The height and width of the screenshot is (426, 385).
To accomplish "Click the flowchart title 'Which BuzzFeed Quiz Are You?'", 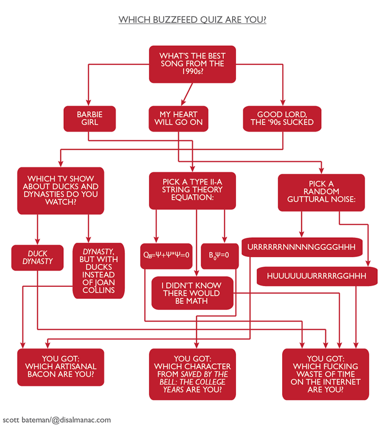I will click(193, 20).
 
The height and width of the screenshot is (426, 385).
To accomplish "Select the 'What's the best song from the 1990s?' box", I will click(193, 64).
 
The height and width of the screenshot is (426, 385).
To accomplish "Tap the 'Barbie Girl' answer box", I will click(90, 118).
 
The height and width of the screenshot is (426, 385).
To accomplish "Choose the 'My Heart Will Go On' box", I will click(178, 118).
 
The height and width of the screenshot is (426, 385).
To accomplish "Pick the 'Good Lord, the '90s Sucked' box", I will click(282, 118).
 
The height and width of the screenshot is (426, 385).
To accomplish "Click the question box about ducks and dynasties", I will click(61, 190).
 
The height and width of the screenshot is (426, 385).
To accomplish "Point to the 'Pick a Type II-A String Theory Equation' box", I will click(193, 190).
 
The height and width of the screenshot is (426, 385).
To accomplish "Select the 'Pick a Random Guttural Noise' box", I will click(321, 193).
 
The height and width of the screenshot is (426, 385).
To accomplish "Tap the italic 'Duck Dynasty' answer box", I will click(38, 258).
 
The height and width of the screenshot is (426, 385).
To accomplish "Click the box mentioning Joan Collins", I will click(100, 270).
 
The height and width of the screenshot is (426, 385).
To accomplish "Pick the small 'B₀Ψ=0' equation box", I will click(219, 255).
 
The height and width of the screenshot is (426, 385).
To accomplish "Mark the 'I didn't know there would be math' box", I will click(193, 293).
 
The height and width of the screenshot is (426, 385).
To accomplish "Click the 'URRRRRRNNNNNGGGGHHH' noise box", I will click(301, 247).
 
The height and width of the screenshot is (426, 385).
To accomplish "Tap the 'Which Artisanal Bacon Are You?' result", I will click(61, 367).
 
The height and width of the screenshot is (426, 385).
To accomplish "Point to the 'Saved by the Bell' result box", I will click(193, 374).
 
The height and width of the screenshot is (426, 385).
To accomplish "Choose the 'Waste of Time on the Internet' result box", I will click(326, 374).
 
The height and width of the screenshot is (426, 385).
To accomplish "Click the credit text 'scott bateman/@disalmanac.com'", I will click(56, 419).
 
